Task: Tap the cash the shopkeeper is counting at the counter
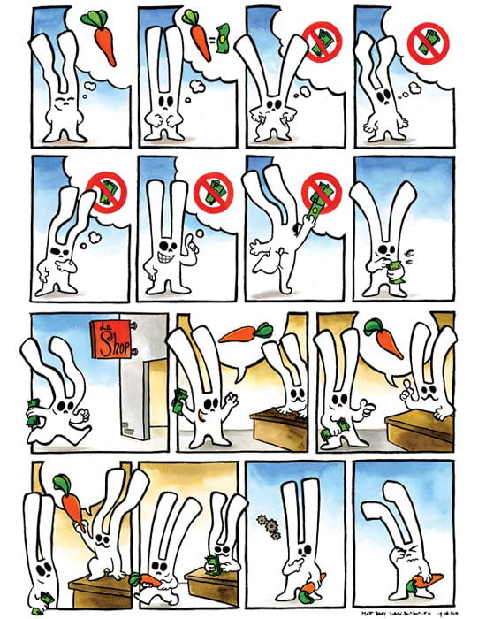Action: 212,559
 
